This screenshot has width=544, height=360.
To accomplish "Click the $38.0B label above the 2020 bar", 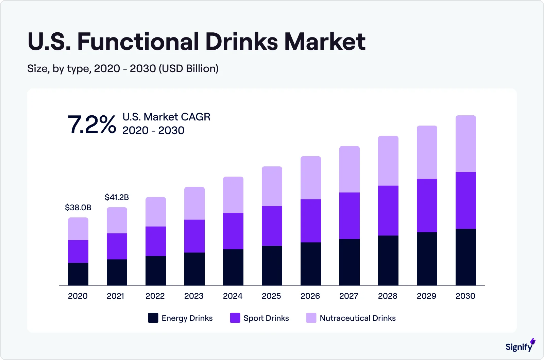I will (78, 208).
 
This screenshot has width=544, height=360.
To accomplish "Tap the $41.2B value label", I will (117, 197).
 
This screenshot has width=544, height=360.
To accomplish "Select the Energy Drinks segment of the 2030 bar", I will (465, 257).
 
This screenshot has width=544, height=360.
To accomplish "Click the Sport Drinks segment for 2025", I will (272, 226).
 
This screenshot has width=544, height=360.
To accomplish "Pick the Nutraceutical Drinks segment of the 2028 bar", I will (388, 161).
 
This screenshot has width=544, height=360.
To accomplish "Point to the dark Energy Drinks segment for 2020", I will (78, 274).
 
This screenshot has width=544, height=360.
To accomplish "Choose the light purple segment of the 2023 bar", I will (194, 203).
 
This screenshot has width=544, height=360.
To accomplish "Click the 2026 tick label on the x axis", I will (310, 296).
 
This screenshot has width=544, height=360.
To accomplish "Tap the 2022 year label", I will (155, 296).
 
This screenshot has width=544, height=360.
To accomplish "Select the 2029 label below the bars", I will (426, 296).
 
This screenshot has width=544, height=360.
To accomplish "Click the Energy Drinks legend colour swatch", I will (153, 318).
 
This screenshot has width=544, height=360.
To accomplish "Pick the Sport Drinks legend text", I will (266, 318).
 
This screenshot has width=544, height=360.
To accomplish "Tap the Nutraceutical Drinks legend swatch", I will (311, 318).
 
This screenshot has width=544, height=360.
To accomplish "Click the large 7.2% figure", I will (92, 125).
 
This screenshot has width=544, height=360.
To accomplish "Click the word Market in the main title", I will (325, 42).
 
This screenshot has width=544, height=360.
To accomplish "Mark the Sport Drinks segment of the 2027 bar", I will (349, 216).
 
